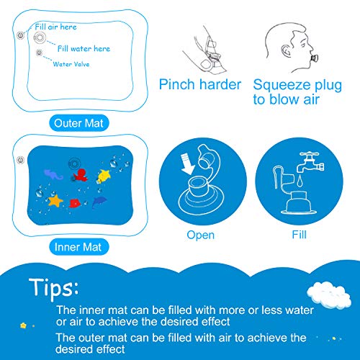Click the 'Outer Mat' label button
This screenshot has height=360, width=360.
tap(81, 123)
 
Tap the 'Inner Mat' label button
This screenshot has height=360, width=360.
tap(81, 247)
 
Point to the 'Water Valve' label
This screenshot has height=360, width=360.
tap(72, 63)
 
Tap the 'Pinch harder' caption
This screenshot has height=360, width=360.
tap(200, 85)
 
